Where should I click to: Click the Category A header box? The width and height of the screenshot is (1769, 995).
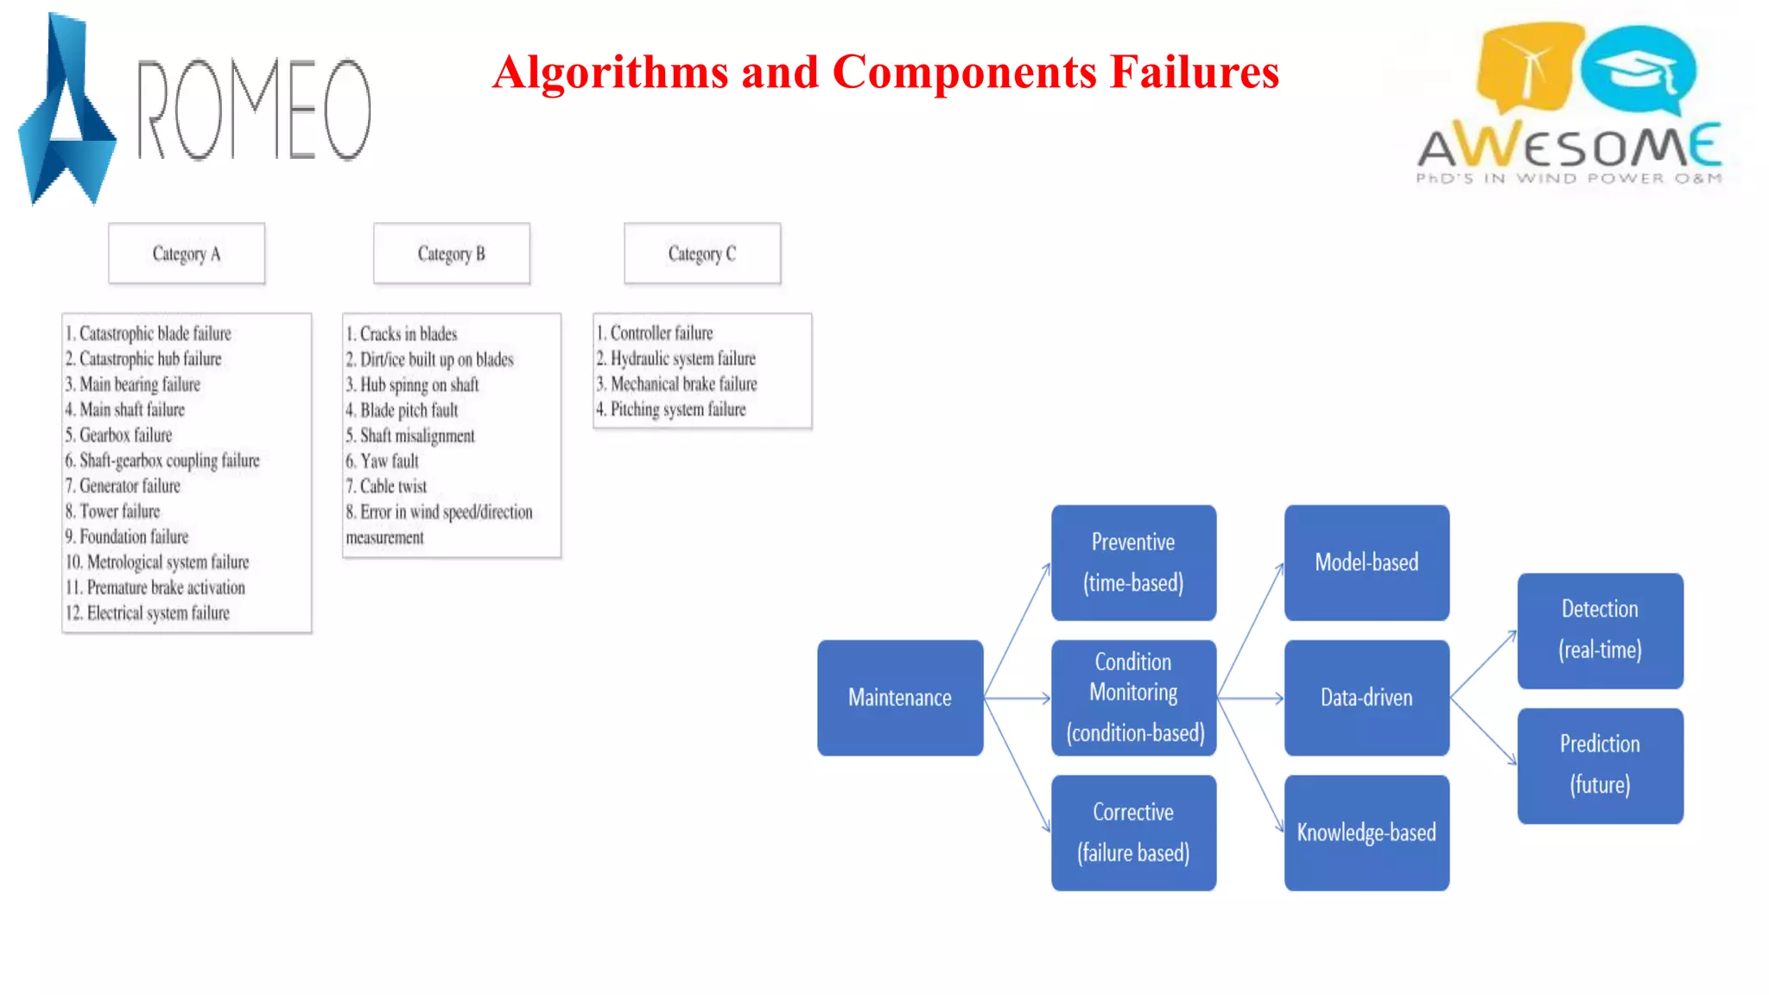pos(187,253)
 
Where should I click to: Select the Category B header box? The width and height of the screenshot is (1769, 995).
pos(451,253)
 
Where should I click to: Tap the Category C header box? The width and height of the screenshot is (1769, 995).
pos(702,253)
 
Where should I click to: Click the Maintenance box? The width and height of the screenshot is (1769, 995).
pos(900,698)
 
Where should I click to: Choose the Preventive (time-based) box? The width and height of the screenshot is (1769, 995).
pos(1133,563)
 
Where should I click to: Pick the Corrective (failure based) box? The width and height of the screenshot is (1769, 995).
pos(1133,833)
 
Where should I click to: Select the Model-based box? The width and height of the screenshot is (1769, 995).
pos(1366,563)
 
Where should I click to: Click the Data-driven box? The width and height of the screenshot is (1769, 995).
pos(1366,698)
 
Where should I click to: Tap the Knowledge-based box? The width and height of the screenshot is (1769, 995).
pos(1366,833)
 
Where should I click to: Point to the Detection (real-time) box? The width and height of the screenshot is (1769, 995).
pos(1600,631)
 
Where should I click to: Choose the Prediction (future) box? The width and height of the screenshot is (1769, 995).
pos(1600,765)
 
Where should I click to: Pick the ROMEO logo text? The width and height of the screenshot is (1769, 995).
pos(254,110)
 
